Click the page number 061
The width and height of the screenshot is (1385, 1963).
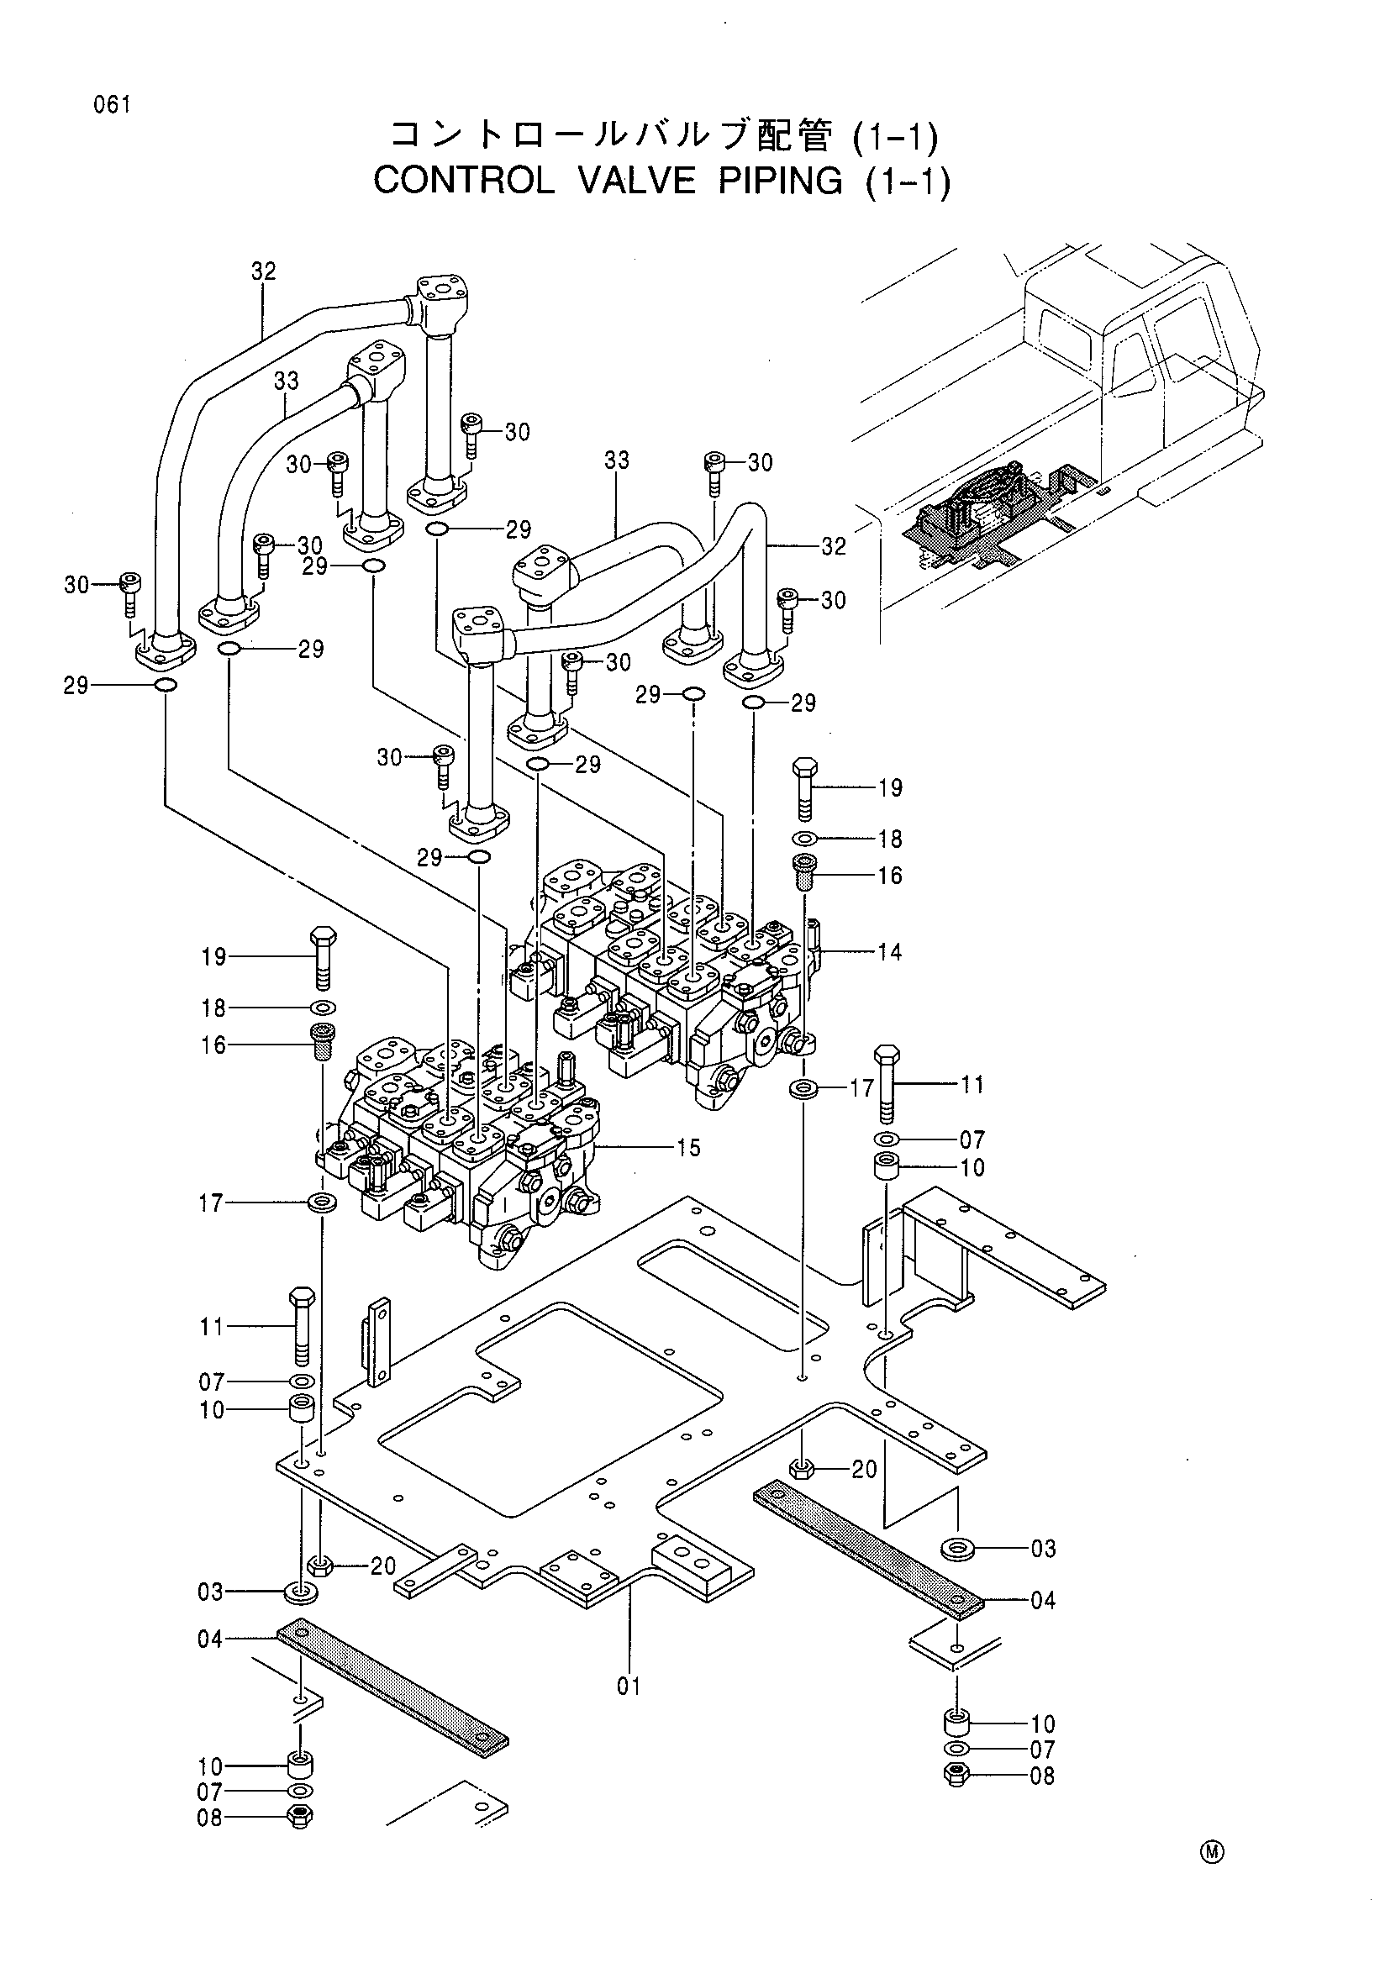click(x=113, y=105)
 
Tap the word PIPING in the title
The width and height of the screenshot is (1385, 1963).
click(x=781, y=181)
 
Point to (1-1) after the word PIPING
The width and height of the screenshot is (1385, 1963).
click(x=907, y=182)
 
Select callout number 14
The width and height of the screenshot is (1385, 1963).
click(x=889, y=951)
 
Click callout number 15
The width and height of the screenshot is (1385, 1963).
click(x=688, y=1147)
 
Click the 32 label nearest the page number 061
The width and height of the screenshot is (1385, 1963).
click(x=264, y=271)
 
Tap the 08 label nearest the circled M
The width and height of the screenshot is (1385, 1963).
click(x=1042, y=1776)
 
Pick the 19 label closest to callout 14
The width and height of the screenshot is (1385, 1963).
click(x=890, y=787)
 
